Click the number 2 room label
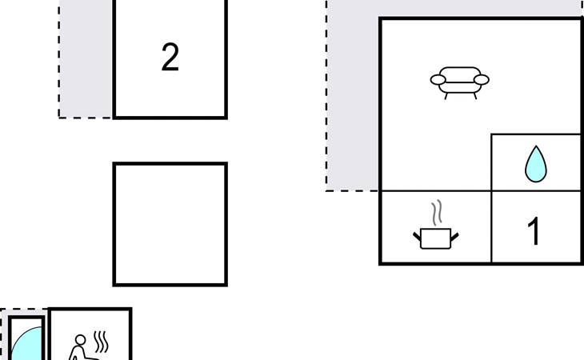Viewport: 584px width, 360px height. tap(170, 58)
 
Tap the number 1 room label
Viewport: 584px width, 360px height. tap(534, 231)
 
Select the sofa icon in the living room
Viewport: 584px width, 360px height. tap(459, 81)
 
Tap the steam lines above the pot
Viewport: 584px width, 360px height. tap(436, 214)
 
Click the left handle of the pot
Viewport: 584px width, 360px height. tap(418, 234)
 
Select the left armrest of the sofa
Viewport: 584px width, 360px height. tap(438, 79)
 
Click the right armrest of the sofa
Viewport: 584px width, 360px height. tap(482, 79)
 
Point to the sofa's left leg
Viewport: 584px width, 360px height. tap(446, 94)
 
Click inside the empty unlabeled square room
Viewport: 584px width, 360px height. tap(170, 224)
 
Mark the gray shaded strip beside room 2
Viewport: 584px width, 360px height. tap(86, 60)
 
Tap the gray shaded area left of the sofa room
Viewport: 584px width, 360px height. tap(353, 104)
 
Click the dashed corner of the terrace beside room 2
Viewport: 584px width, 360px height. tap(59, 118)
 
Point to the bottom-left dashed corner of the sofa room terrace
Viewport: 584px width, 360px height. tap(326, 190)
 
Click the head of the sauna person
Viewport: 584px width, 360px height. tap(78, 340)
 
